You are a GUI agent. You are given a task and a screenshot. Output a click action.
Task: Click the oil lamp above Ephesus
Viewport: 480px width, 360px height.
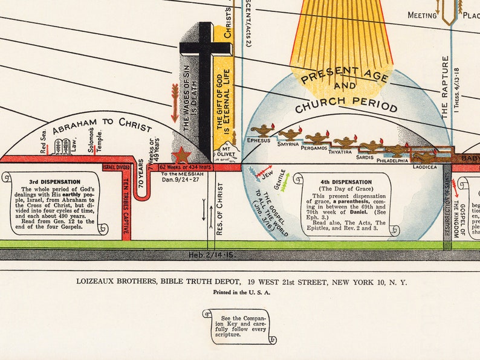[262, 130]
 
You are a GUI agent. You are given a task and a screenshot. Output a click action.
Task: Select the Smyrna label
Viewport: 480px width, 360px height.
[289, 145]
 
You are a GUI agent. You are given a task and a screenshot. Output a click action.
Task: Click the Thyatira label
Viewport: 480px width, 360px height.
[340, 152]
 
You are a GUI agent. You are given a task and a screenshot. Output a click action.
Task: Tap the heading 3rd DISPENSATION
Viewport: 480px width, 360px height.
[54, 181]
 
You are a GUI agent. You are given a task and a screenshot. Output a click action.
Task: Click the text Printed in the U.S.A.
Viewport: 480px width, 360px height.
[241, 292]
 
